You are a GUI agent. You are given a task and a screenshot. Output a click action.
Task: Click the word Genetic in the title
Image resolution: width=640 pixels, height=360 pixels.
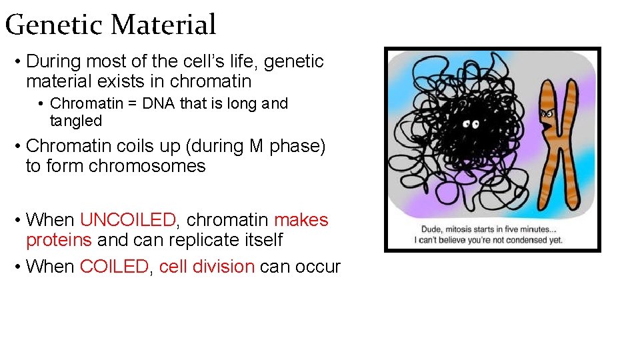pos(55,25)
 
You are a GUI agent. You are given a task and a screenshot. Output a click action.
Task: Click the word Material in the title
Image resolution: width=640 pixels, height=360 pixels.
pos(163,25)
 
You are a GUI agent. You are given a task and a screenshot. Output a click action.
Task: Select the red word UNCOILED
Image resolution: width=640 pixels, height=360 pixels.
pos(127,220)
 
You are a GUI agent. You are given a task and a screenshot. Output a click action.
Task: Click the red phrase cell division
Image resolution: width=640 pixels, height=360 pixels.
pos(207,267)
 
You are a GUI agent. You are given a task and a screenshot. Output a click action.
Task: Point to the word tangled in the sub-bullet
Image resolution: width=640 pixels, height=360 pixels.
pos(76,121)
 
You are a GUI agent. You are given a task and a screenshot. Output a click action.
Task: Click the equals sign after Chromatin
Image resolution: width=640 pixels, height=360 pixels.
pos(129,104)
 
